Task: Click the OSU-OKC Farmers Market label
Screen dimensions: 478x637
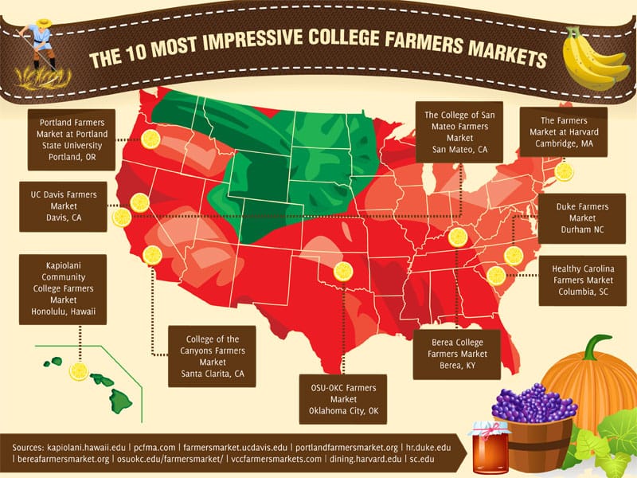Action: click(x=343, y=399)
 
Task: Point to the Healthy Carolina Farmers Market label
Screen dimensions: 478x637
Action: click(x=582, y=280)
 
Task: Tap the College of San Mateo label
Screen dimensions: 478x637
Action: click(x=460, y=132)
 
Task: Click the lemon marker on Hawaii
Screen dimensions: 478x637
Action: click(x=78, y=370)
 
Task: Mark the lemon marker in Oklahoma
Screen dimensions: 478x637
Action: click(x=343, y=272)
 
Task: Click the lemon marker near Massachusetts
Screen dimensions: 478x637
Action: click(x=564, y=172)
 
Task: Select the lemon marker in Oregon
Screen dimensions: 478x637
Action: click(x=150, y=139)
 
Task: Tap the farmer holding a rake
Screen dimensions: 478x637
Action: click(x=36, y=44)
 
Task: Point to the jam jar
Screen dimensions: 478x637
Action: click(x=489, y=448)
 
